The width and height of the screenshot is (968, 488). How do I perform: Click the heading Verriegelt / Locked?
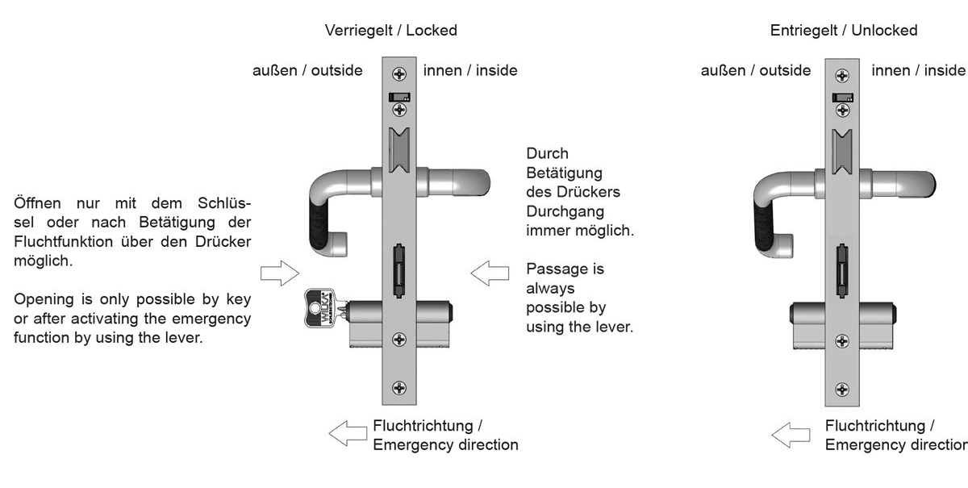(x=390, y=31)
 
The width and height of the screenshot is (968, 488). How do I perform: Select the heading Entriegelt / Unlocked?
(x=843, y=31)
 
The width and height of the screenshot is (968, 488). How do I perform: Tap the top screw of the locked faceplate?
(x=398, y=74)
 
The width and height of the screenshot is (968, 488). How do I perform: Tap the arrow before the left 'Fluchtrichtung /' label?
(x=348, y=433)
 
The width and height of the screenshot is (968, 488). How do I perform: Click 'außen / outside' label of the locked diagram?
(x=307, y=70)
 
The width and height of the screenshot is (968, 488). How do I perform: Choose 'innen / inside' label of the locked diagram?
(x=470, y=70)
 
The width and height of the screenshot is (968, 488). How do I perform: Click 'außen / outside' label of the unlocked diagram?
(x=756, y=70)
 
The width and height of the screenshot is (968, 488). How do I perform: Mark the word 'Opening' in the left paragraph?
(x=40, y=299)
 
